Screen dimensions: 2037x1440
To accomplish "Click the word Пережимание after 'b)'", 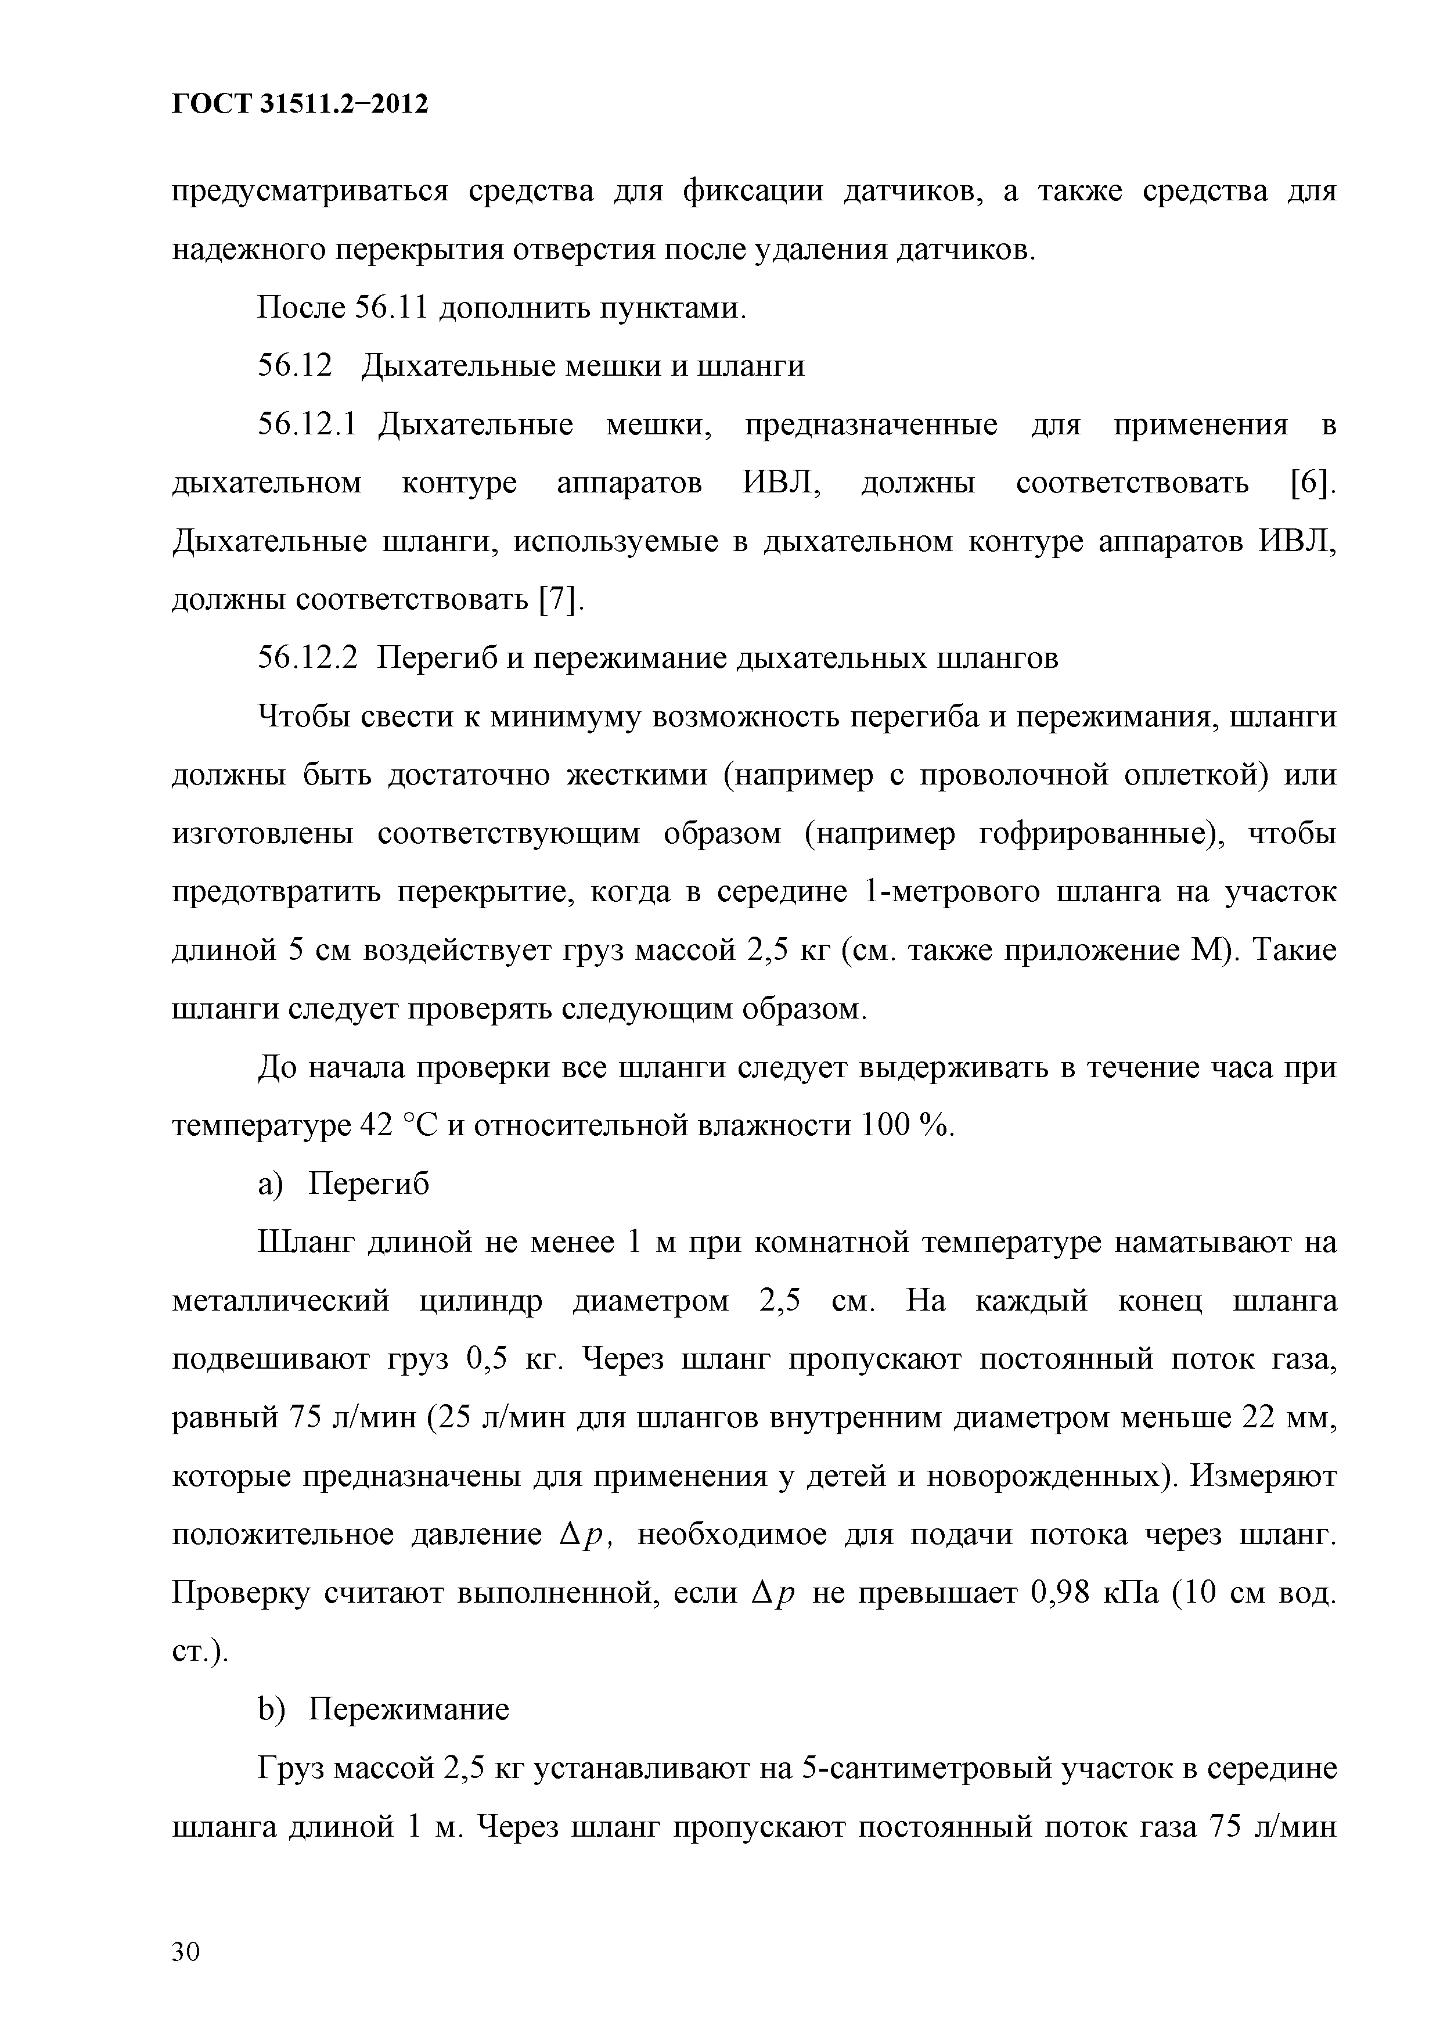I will coord(408,1710).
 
